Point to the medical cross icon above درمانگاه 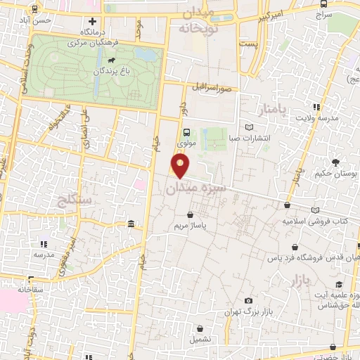[x=93, y=21]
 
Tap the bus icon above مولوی [x=186, y=131]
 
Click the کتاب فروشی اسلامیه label [x=314, y=221]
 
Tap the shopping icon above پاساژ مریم [x=191, y=215]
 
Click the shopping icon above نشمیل [x=201, y=328]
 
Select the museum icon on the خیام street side [x=131, y=224]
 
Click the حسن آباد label [x=37, y=21]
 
